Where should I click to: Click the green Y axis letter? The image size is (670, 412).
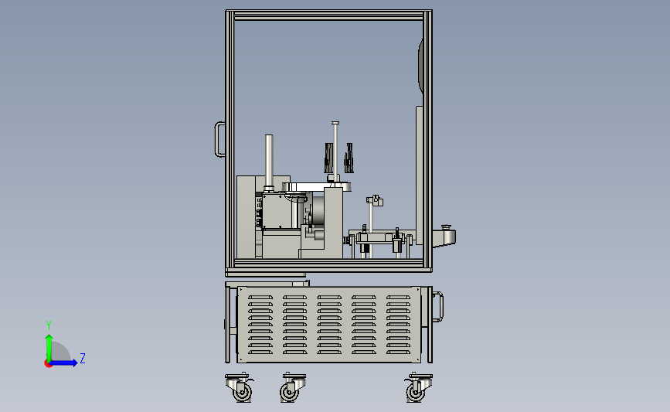pyautogui.click(x=49, y=325)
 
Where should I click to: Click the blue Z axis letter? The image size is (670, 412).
pyautogui.click(x=83, y=358)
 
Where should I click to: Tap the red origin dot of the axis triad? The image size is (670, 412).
pyautogui.click(x=48, y=364)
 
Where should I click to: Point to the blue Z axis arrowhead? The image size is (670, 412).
pyautogui.click(x=74, y=363)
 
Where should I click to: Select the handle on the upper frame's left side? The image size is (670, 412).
pyautogui.click(x=219, y=139)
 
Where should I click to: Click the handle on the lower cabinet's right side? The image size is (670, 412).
pyautogui.click(x=438, y=306)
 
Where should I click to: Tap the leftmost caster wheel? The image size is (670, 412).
pyautogui.click(x=241, y=391)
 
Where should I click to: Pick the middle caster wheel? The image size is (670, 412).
pyautogui.click(x=290, y=391)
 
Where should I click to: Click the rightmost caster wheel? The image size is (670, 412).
pyautogui.click(x=415, y=391)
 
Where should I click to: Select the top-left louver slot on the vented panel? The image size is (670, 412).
pyautogui.click(x=260, y=297)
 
